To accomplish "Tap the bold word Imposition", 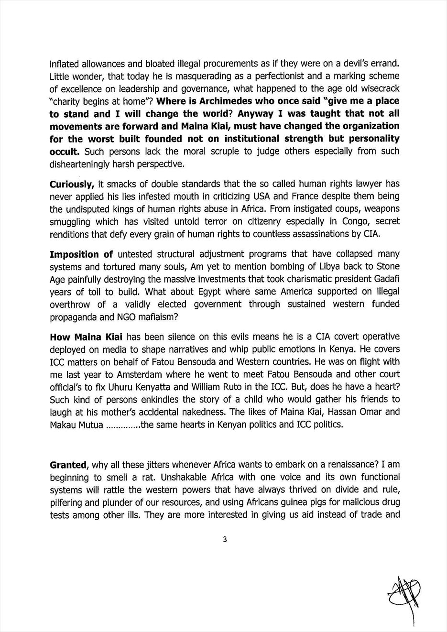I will tap(75, 254).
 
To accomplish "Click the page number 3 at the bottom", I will tap(224, 540).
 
